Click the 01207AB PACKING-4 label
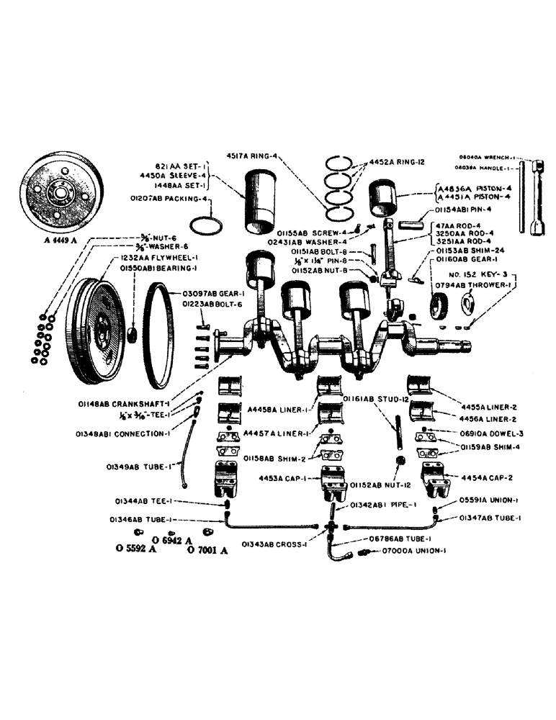[x=165, y=198]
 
